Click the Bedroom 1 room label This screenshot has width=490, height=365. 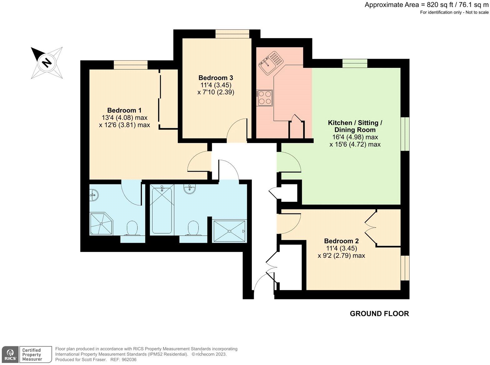coord(124,110)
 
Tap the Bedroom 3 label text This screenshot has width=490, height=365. coord(216,78)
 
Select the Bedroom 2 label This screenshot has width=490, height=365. coord(341,241)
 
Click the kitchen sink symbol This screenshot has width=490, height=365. coord(270,63)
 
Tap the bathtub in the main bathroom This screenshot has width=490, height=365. coord(162,209)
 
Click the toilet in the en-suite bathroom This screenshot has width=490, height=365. coord(132,228)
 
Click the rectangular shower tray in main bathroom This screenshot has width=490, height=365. coord(229,231)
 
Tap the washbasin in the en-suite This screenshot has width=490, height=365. coord(94,195)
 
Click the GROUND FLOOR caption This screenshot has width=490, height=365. coord(379,314)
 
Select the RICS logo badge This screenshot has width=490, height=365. coord(10,355)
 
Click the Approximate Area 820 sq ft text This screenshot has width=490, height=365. coord(426,5)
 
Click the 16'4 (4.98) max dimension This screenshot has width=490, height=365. coord(355,137)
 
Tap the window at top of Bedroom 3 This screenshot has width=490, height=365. coord(232,34)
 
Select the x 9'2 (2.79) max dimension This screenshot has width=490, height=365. coord(341,256)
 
